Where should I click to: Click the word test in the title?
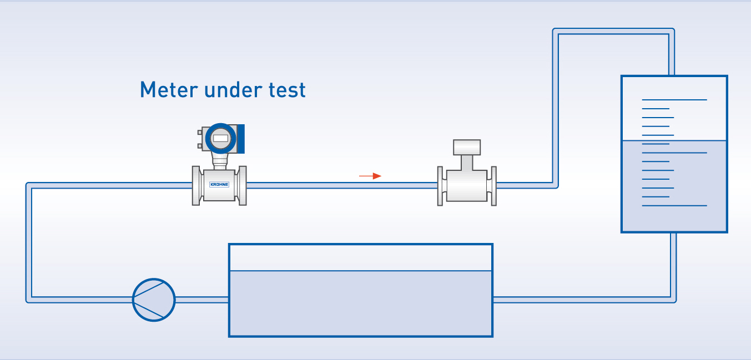click(286, 90)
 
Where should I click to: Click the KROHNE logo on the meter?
click(219, 184)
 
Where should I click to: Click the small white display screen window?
click(220, 138)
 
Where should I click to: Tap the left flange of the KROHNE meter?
click(196, 185)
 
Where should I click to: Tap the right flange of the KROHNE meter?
click(242, 185)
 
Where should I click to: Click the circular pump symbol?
click(154, 300)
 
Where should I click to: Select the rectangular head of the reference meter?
click(467, 148)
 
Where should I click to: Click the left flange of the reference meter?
click(441, 185)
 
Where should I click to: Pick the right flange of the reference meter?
click(492, 185)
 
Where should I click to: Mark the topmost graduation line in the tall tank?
click(674, 100)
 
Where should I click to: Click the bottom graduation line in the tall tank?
click(674, 206)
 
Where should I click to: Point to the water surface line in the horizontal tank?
click(361, 271)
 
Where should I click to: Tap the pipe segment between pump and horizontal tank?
click(202, 300)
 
